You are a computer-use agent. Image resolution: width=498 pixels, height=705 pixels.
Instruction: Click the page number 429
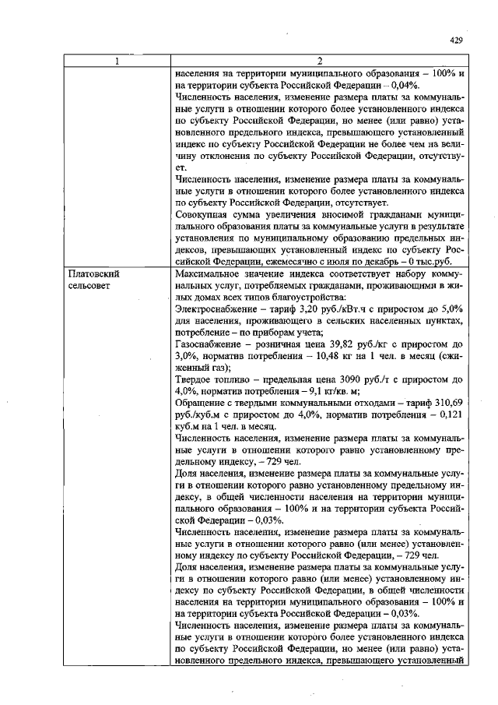pyautogui.click(x=456, y=41)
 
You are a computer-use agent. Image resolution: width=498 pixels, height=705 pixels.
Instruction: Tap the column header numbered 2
pyautogui.click(x=319, y=62)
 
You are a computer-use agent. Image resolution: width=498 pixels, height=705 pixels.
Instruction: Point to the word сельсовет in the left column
pyautogui.click(x=91, y=286)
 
